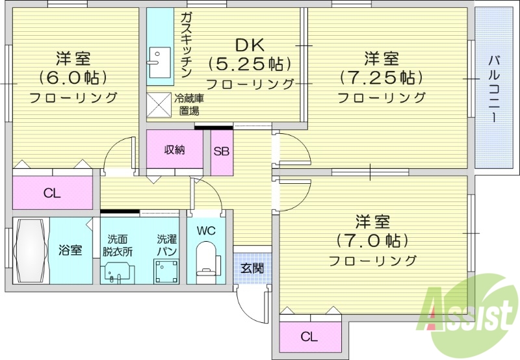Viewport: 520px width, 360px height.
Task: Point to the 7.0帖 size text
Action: [372, 240]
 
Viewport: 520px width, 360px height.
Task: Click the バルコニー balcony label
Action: [493, 88]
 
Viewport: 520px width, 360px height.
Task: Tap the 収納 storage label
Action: [174, 150]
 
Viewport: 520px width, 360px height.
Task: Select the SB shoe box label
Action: [221, 151]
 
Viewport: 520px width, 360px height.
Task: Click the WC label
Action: [206, 231]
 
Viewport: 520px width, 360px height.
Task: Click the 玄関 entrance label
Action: [252, 268]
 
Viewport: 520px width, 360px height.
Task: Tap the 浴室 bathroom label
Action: [70, 250]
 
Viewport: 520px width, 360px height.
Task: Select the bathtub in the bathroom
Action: [31, 250]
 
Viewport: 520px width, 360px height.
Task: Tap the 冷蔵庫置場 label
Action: [189, 105]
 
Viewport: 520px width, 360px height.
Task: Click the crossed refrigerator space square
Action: [158, 104]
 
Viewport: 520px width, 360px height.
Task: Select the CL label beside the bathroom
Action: [52, 192]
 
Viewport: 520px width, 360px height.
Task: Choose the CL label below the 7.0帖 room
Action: [309, 337]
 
